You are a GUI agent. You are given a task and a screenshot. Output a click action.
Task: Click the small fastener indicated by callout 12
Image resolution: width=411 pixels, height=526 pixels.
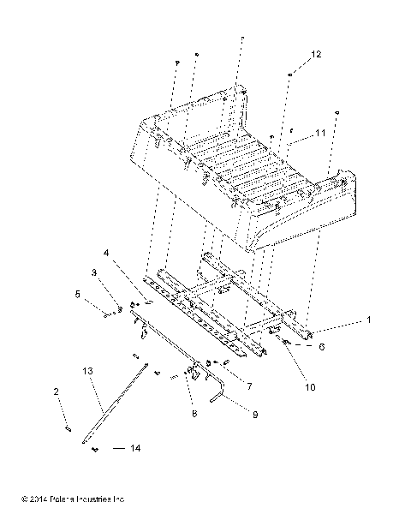291,75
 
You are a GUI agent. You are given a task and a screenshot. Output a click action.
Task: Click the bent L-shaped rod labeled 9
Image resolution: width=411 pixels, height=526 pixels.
217,392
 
